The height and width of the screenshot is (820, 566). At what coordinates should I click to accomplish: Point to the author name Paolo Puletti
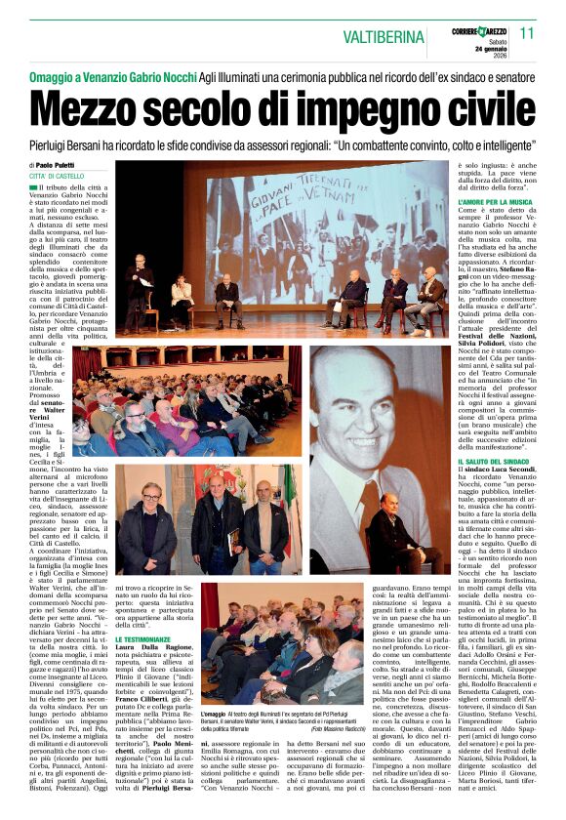(61, 165)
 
